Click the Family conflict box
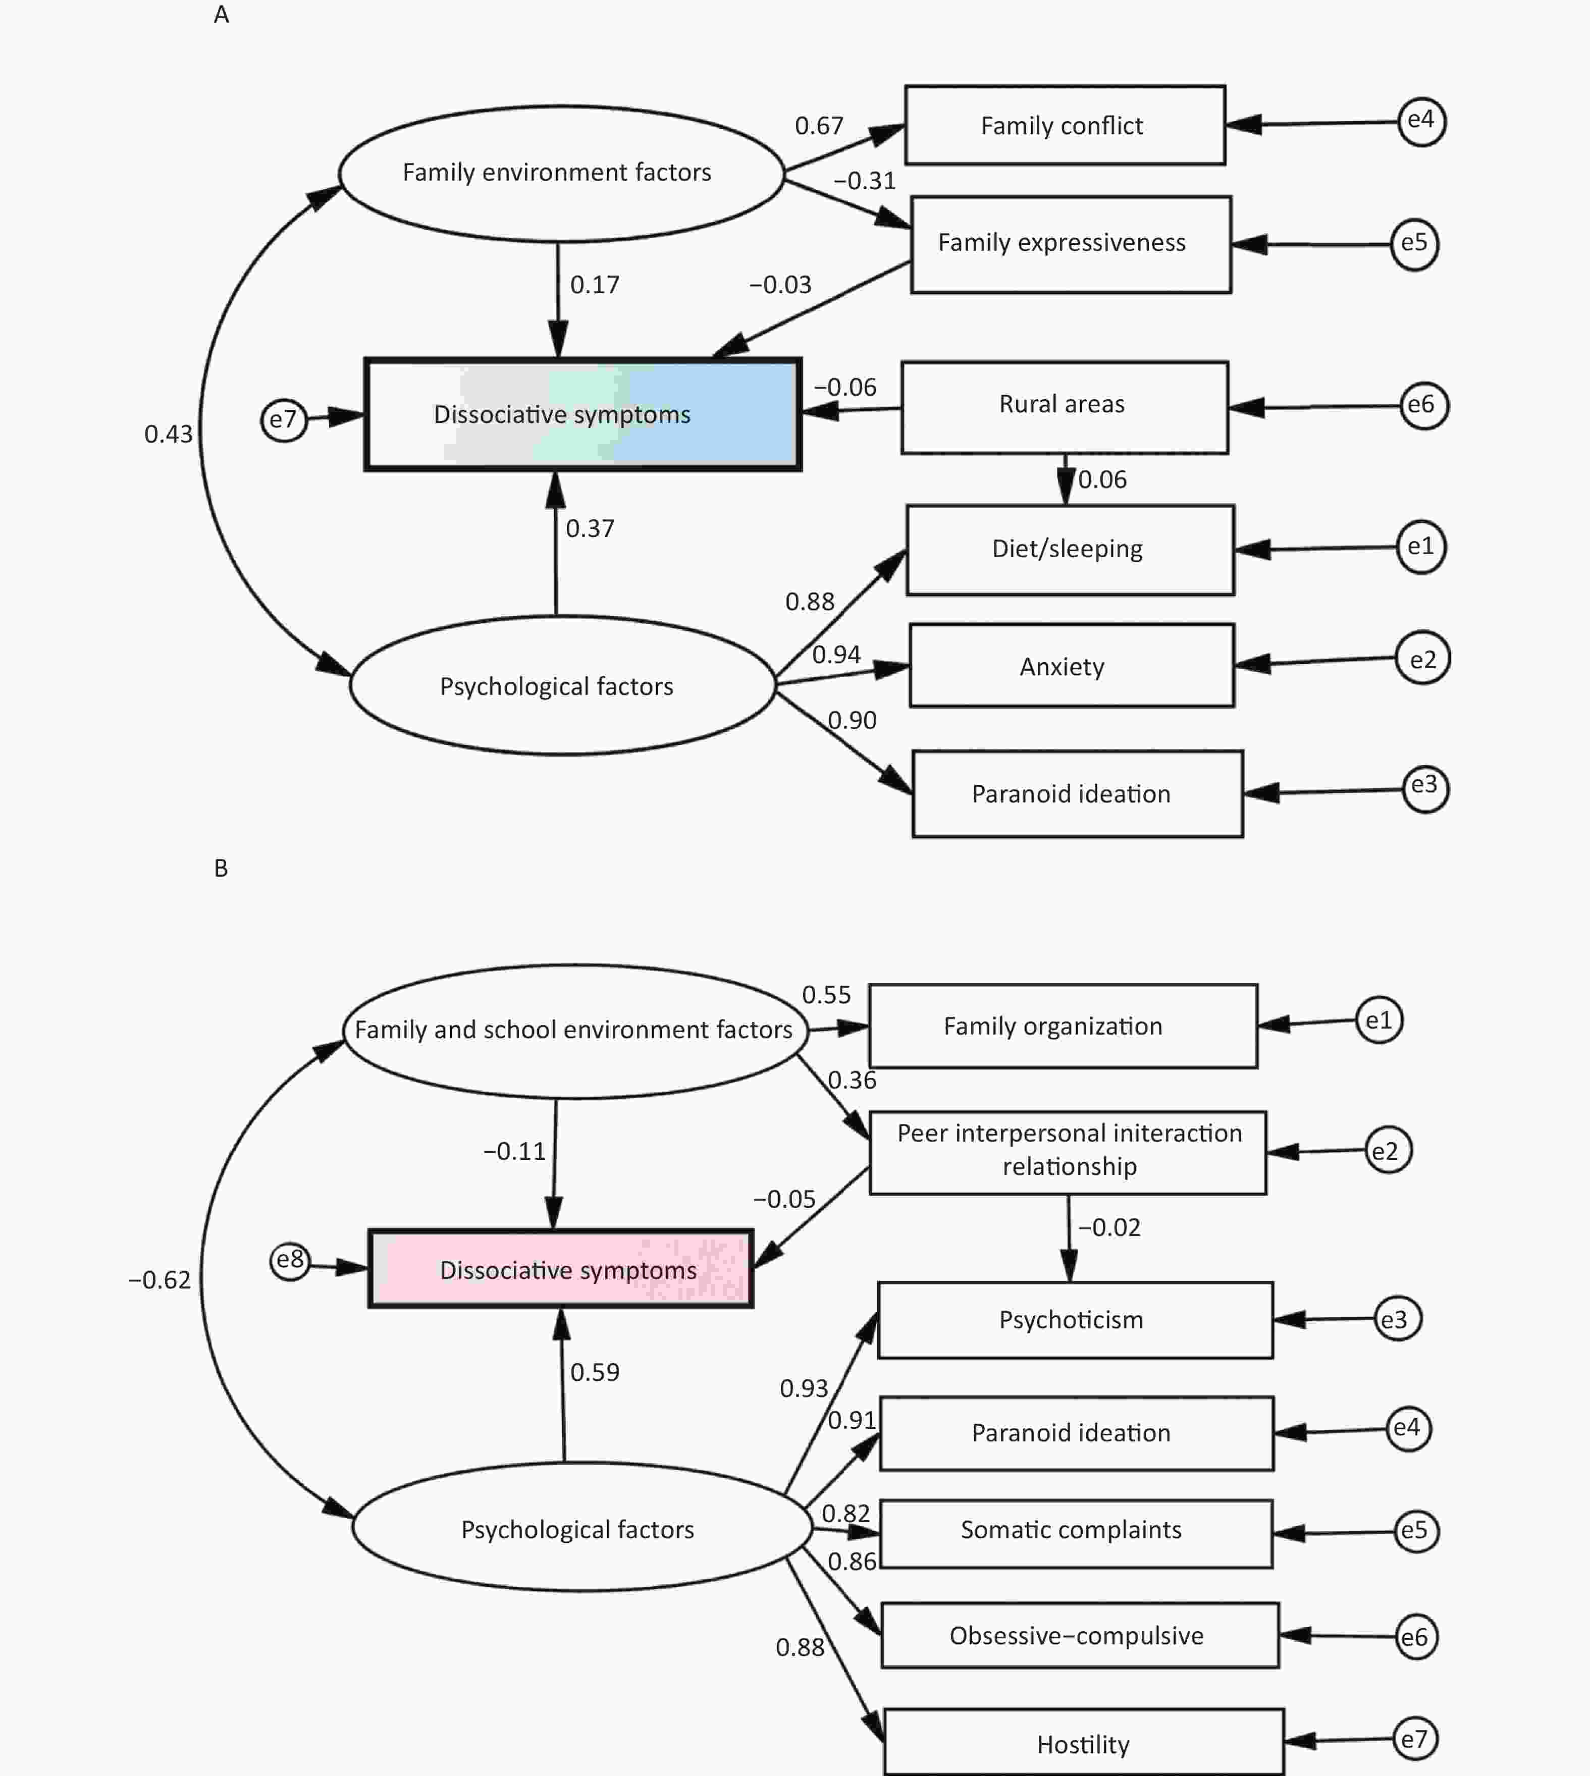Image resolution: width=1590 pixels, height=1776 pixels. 1065,125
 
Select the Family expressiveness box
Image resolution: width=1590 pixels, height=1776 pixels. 1071,245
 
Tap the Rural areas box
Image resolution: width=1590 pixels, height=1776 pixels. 1065,408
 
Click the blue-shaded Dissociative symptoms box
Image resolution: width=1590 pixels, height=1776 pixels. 582,414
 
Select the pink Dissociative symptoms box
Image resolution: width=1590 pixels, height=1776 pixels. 561,1268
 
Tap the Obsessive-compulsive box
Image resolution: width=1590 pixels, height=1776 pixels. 1081,1635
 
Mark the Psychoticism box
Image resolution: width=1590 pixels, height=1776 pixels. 1076,1320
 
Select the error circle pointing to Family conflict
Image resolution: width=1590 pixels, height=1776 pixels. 1421,122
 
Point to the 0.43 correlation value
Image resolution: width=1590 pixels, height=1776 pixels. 169,434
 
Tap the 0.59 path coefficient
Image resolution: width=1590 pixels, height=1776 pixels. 595,1372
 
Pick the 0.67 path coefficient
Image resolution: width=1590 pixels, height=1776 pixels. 819,126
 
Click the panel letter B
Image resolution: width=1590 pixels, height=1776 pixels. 221,869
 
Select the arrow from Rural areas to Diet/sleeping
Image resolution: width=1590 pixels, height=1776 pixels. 1065,479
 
